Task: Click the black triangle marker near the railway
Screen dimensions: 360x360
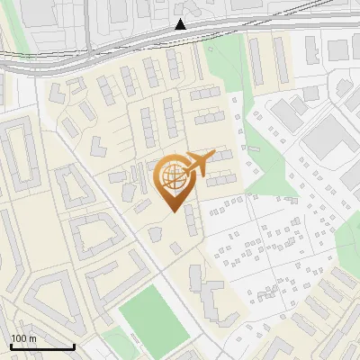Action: (181, 25)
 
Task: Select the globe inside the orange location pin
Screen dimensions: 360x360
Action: (172, 176)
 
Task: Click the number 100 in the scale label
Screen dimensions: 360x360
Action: (19, 338)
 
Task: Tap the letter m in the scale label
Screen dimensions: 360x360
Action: (32, 338)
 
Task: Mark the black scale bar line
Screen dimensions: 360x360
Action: (41, 346)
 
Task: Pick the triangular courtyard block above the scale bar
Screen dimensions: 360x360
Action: (54, 297)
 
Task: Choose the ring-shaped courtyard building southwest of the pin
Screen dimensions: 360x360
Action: (94, 234)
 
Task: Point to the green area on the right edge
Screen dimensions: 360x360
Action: (349, 238)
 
